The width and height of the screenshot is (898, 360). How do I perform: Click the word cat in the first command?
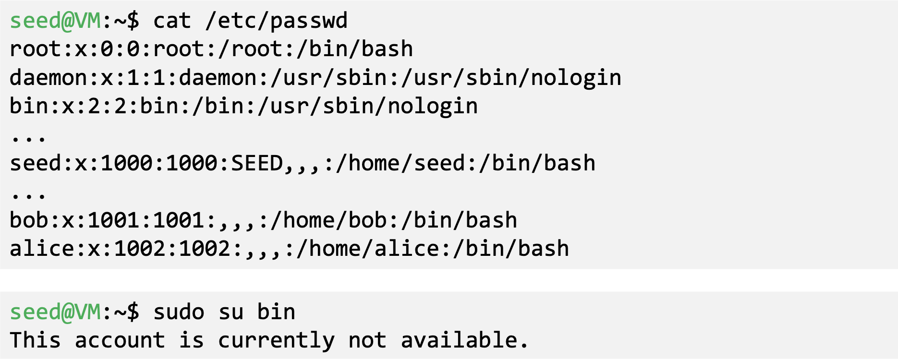pos(172,21)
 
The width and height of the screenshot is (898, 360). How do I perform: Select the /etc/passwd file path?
pos(276,21)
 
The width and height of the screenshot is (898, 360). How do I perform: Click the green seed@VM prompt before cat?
pos(55,21)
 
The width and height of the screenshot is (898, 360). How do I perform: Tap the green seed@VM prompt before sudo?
pos(55,312)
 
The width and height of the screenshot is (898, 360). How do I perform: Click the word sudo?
pos(179,312)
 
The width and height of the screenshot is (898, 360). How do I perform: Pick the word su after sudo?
pos(231,312)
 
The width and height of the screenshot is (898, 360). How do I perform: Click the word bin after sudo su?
pos(276,312)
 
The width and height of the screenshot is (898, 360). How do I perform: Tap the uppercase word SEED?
pos(257,164)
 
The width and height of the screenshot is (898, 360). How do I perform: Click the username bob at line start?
pos(29,221)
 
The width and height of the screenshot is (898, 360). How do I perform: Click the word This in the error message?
pos(35,341)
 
